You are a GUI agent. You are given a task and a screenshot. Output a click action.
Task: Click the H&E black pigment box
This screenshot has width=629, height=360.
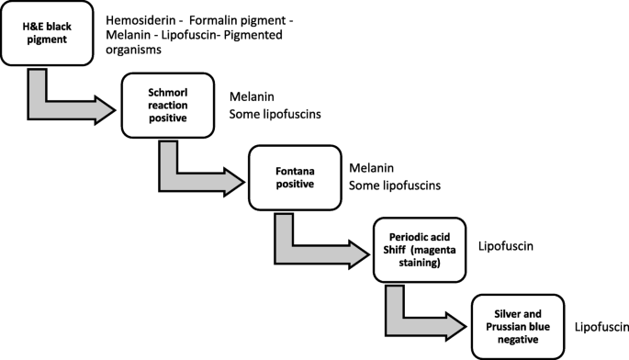point(46,35)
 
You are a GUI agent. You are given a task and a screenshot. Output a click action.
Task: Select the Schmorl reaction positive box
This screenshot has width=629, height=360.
point(167,105)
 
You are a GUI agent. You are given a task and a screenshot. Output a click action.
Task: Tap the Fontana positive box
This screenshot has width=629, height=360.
point(295,177)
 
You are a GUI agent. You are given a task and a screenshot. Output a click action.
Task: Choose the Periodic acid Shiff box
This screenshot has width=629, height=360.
point(419,250)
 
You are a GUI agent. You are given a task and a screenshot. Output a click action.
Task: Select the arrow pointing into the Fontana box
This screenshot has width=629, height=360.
point(197,174)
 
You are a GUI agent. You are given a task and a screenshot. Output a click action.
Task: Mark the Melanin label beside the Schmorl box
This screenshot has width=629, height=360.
point(252,97)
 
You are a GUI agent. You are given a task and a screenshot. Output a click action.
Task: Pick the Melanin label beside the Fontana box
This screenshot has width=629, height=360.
point(371,169)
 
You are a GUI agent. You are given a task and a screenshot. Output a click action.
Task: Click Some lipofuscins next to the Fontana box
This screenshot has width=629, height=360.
point(394,186)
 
